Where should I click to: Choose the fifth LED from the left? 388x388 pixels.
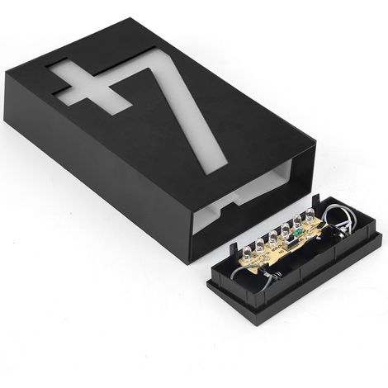[297, 220]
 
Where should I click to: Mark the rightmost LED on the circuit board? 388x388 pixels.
[310, 214]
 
